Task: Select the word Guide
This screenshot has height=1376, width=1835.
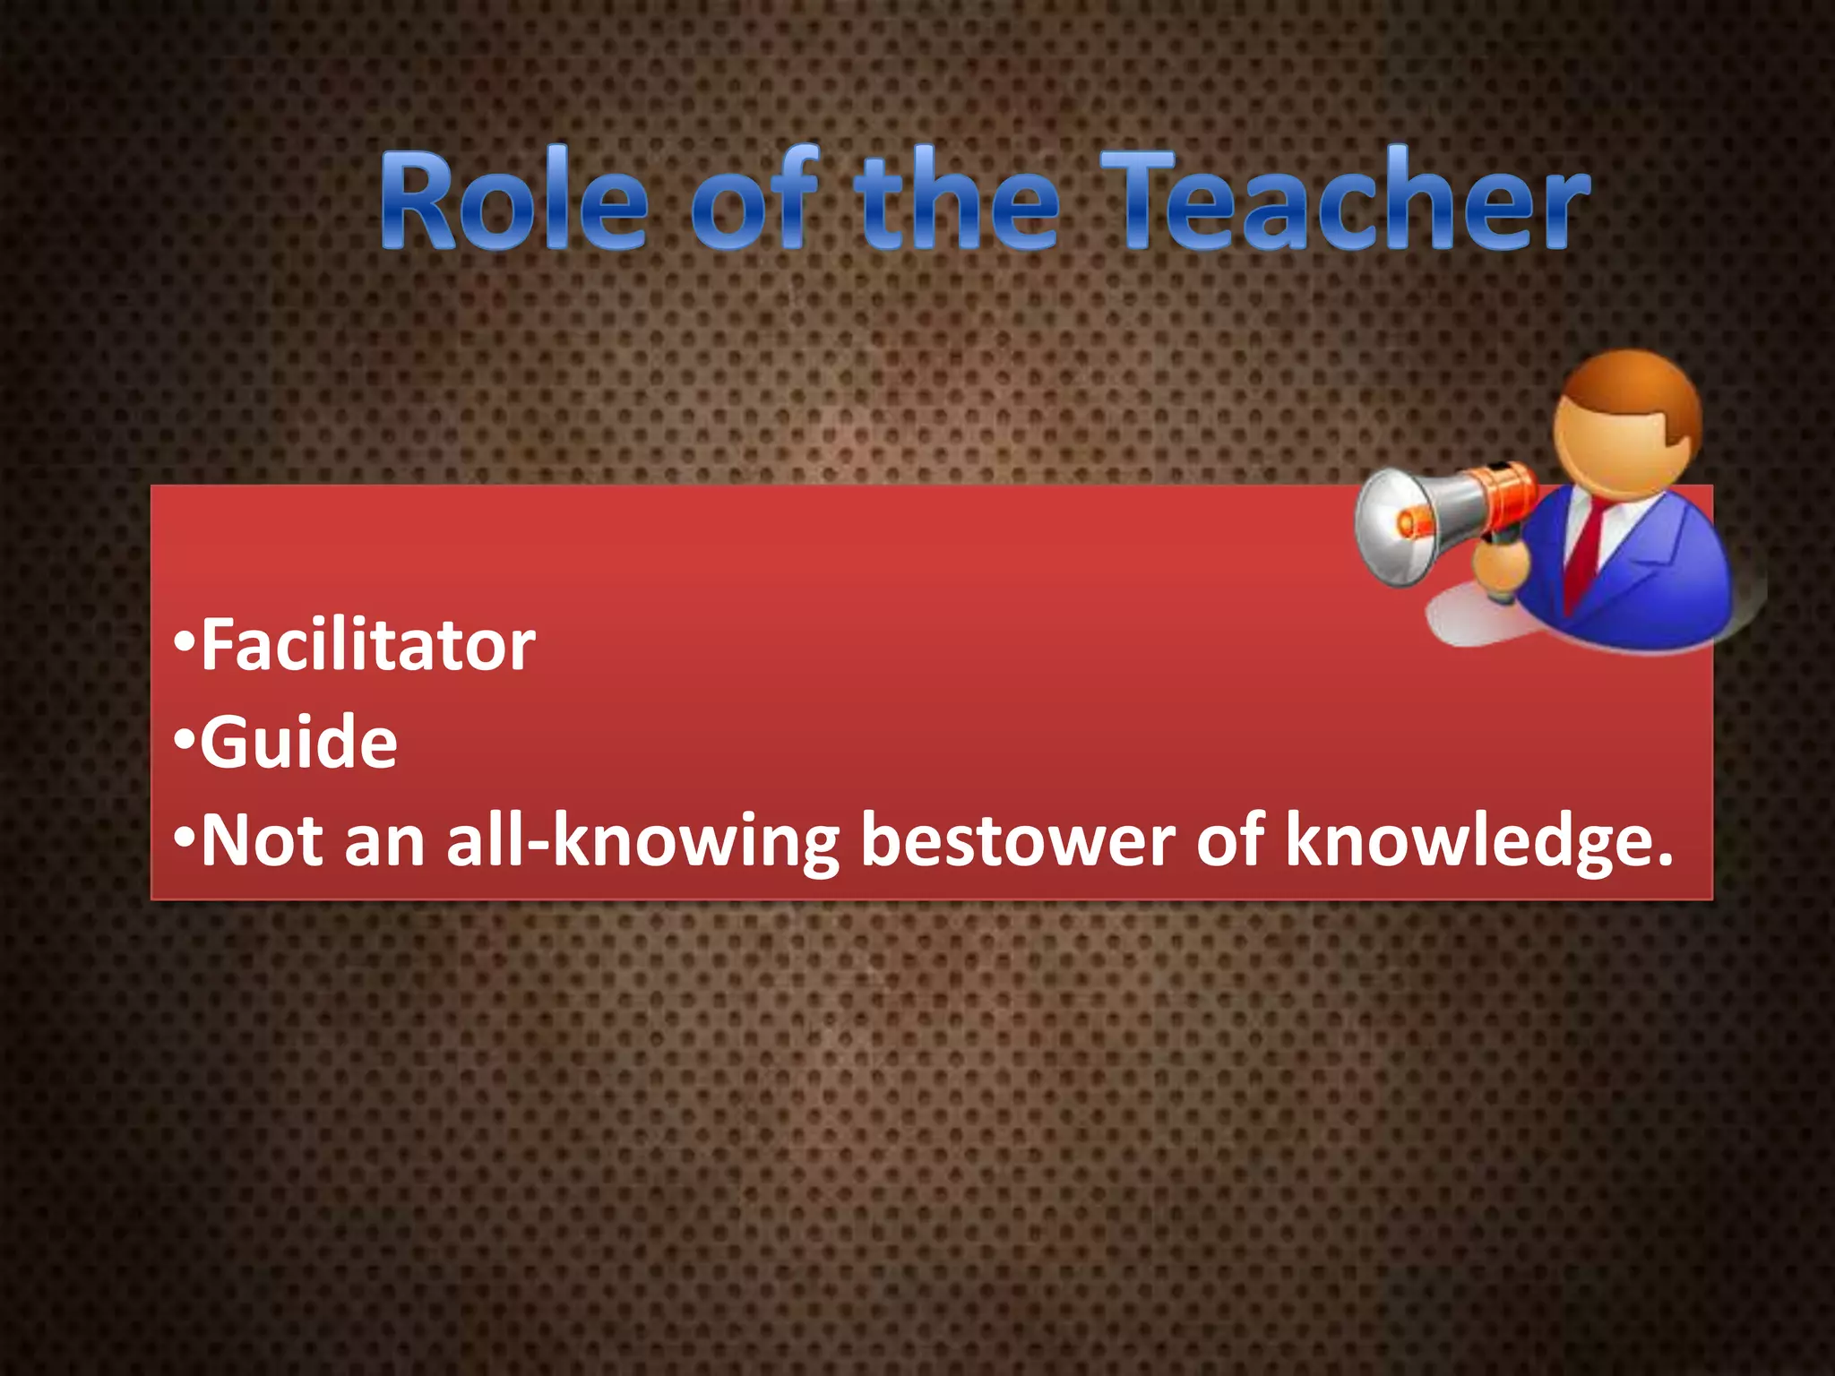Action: pos(298,743)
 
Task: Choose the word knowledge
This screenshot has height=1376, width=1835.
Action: pos(1478,842)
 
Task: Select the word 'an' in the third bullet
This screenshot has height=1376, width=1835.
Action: pos(384,842)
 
